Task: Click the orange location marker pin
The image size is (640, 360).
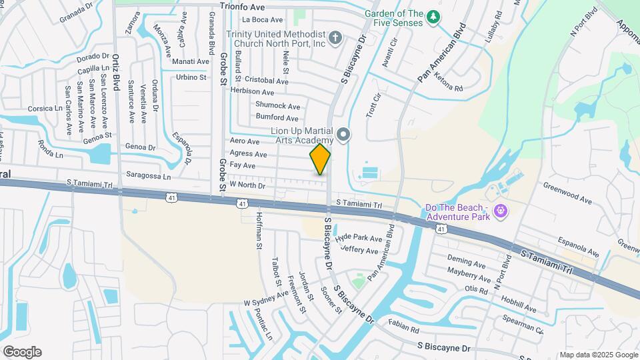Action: pyautogui.click(x=320, y=159)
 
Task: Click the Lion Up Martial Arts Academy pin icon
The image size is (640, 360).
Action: pyautogui.click(x=343, y=135)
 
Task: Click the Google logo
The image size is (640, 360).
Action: pyautogui.click(x=22, y=351)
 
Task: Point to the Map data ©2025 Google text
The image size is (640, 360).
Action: pyautogui.click(x=599, y=355)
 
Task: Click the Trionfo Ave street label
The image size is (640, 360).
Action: pyautogui.click(x=243, y=7)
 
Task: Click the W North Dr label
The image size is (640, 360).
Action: pyautogui.click(x=247, y=185)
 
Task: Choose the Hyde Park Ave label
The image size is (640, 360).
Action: pyautogui.click(x=359, y=238)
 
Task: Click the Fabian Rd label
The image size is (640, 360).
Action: pyautogui.click(x=403, y=327)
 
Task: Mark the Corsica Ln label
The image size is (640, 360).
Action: pyautogui.click(x=45, y=108)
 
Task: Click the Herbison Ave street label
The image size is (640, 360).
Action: pyautogui.click(x=252, y=92)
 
